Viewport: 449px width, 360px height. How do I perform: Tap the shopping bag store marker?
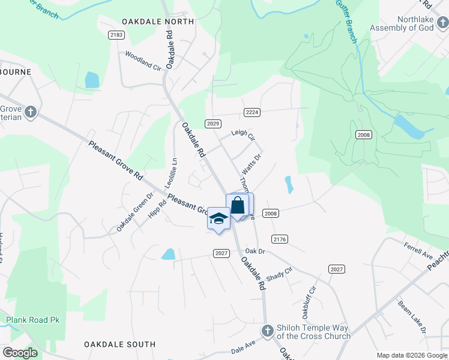click(238, 205)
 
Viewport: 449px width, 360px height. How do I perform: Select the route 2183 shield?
click(116, 35)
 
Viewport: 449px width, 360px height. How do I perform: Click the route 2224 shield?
click(252, 112)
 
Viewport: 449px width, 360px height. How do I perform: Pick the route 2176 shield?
click(280, 239)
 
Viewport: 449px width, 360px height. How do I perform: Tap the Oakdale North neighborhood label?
click(158, 22)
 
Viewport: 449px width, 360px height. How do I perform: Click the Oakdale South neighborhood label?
click(119, 344)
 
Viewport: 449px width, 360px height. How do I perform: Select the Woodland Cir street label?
click(143, 61)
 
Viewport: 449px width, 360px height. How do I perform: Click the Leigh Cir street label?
click(243, 136)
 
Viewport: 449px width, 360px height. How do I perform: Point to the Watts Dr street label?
click(252, 165)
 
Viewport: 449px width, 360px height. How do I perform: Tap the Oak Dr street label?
click(255, 251)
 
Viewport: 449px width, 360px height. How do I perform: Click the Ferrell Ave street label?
click(418, 251)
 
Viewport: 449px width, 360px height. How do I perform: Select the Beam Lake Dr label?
click(411, 317)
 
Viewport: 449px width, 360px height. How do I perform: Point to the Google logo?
click(20, 353)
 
